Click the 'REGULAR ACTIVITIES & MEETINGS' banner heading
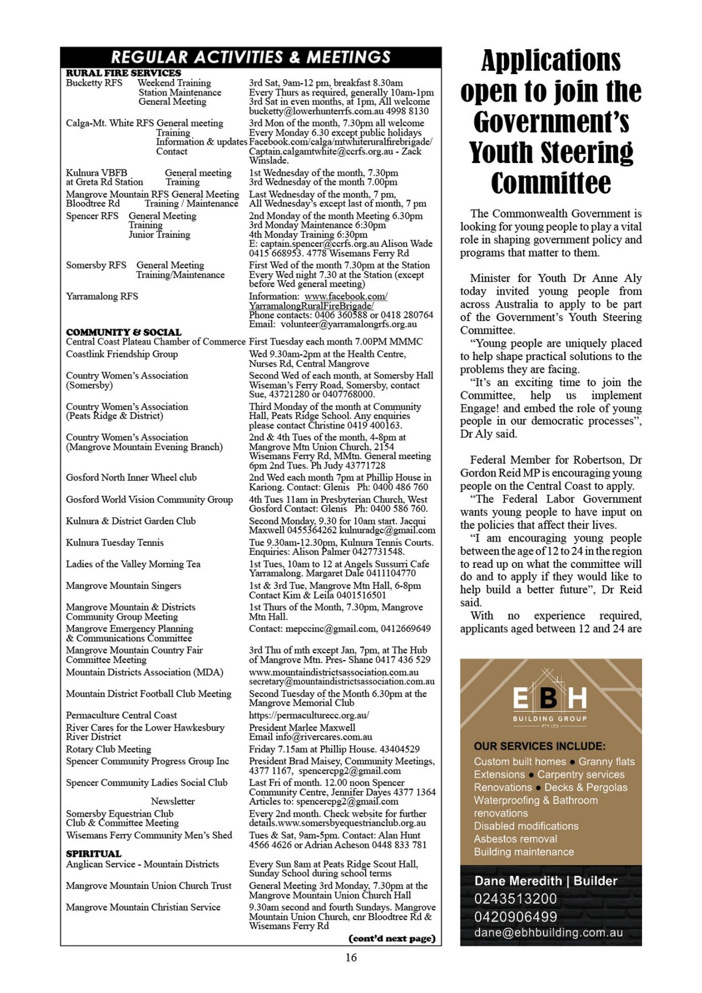251,57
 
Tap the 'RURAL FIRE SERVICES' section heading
123,73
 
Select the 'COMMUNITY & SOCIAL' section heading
124,332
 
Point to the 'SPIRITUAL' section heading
94,853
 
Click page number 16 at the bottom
351,957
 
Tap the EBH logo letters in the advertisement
550,698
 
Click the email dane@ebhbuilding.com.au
548,932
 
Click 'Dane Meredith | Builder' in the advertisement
545,881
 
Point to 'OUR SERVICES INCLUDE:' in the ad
540,746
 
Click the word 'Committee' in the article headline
551,183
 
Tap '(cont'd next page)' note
392,938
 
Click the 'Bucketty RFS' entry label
94,83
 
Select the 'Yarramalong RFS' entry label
102,296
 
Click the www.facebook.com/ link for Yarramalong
346,296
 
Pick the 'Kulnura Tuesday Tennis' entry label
115,543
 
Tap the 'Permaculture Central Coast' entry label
121,715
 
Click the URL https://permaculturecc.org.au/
309,715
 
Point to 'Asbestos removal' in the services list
515,839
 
